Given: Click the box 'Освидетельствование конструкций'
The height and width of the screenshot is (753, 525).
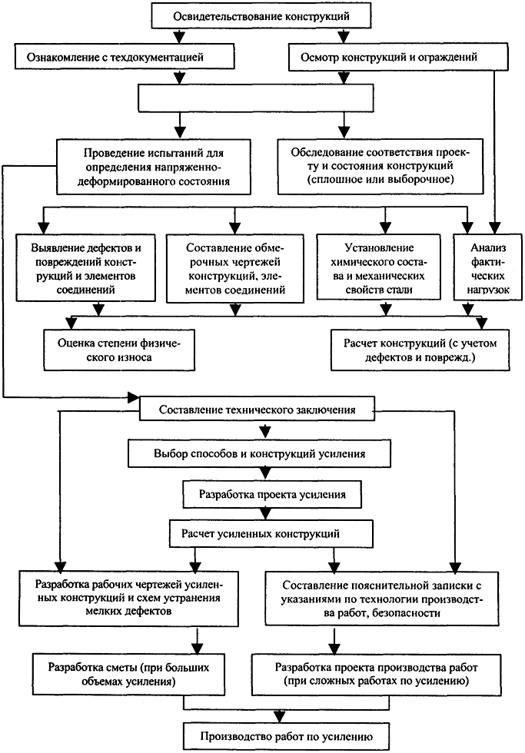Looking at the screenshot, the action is coord(261,16).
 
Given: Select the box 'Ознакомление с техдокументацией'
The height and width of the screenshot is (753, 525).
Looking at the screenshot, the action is coord(125,57).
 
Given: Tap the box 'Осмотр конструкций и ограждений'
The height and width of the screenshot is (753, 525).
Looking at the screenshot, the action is coord(398,57).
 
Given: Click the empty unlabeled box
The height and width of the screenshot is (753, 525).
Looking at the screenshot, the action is coord(255,98).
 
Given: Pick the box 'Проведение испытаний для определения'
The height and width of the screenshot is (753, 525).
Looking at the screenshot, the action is coord(154,168).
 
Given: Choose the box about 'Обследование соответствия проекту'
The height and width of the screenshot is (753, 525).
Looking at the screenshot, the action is coord(380,166).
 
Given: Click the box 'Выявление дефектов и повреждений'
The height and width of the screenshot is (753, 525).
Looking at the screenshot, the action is coord(85,268).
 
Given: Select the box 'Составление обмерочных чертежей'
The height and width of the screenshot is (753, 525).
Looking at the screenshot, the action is coord(235,268).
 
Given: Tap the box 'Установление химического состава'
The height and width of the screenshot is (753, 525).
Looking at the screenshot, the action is coord(378,268).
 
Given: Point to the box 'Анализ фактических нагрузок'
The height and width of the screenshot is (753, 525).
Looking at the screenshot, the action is coord(488,268).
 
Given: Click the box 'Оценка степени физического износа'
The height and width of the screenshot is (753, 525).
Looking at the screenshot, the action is coord(119,350).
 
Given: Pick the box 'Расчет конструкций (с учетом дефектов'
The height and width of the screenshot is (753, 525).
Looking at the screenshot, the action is coord(420,350).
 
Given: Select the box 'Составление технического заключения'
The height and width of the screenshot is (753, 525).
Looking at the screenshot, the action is coord(257,409).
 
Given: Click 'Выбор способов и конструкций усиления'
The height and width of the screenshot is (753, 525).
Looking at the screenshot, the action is coord(259,454).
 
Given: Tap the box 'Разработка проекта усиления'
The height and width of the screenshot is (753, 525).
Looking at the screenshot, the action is coord(272,495).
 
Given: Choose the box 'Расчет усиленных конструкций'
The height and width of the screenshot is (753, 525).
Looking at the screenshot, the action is coord(271,533).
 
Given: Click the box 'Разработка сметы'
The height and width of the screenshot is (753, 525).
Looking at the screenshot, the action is coord(128,674).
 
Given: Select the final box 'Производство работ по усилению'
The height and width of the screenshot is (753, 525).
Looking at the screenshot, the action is coord(286,736).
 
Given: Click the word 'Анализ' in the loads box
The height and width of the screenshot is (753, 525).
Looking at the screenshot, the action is coord(488,247).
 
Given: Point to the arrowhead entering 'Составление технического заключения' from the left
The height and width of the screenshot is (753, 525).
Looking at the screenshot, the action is coord(133,397).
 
